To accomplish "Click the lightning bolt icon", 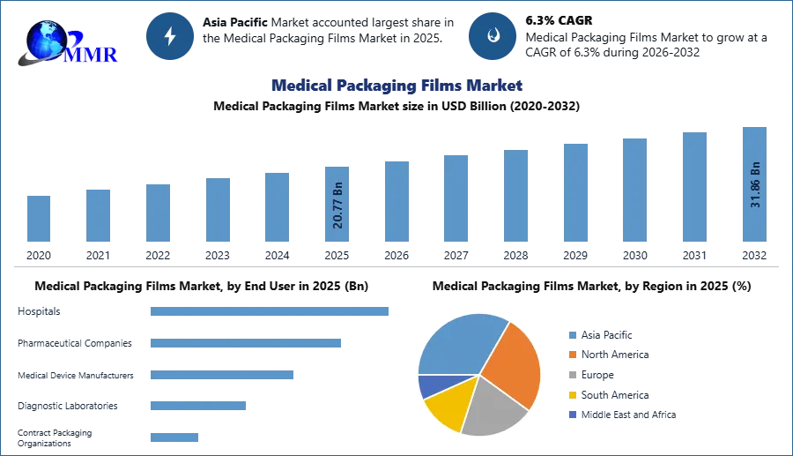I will pyautogui.click(x=170, y=36).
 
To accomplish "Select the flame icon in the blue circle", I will pyautogui.click(x=493, y=36).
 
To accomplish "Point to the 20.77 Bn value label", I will pyautogui.click(x=338, y=205).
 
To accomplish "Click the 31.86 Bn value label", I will pyautogui.click(x=754, y=184).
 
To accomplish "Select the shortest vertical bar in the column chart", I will pyautogui.click(x=39, y=218).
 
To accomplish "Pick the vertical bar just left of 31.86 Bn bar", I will pyautogui.click(x=693, y=186).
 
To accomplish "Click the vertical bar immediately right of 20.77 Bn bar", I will pyautogui.click(x=395, y=200).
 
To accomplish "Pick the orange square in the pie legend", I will pyautogui.click(x=572, y=355).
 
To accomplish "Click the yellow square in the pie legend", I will pyautogui.click(x=572, y=395).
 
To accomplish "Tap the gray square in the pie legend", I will pyautogui.click(x=572, y=375).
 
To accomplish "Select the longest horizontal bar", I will pyautogui.click(x=271, y=310).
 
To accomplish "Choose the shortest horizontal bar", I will pyautogui.click(x=175, y=437).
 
